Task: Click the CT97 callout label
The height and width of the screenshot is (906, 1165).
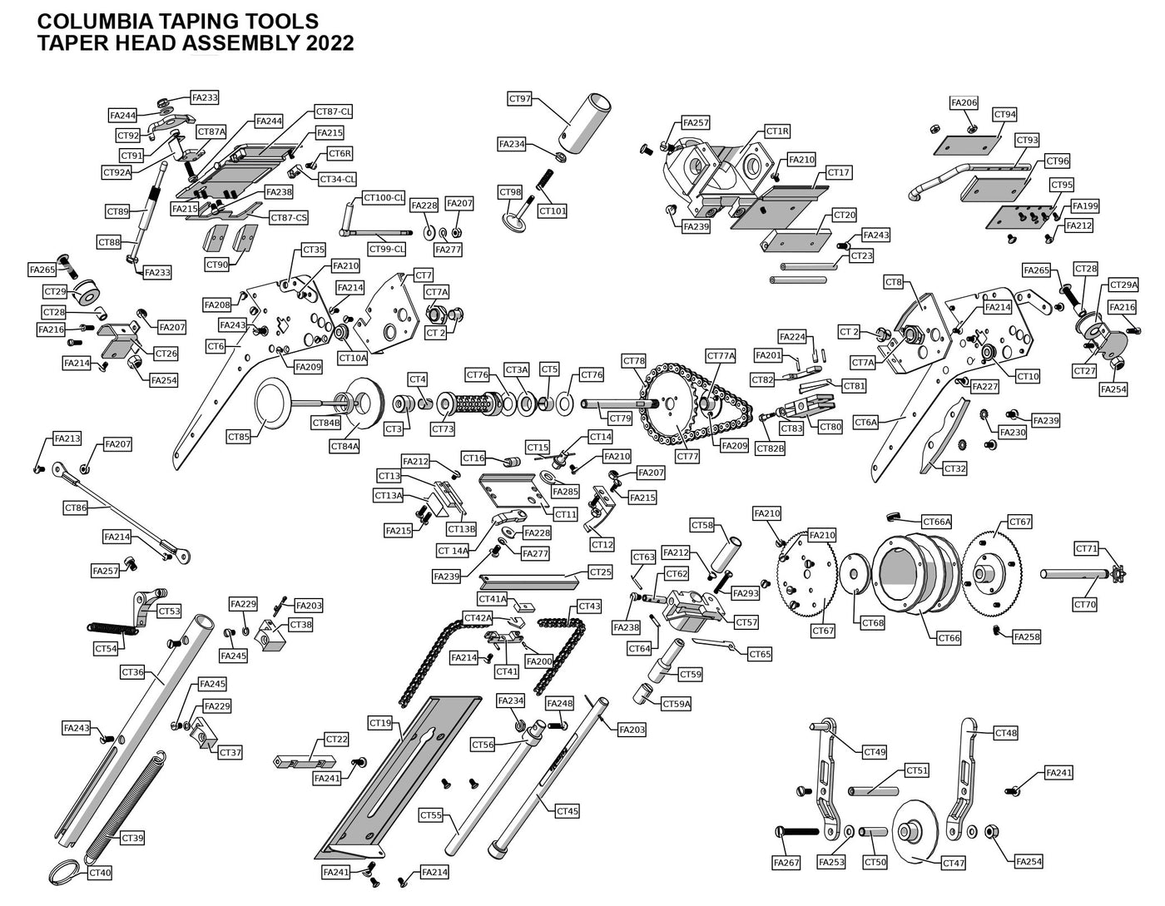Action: [x=519, y=99]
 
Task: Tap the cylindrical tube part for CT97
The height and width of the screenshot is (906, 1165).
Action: [x=587, y=121]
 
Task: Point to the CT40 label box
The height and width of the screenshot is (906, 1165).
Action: [x=100, y=874]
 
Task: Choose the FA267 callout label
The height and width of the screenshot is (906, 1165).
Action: [x=786, y=863]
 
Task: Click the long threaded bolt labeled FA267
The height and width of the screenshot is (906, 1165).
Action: [x=800, y=830]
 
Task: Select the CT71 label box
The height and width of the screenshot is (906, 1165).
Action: [x=1087, y=549]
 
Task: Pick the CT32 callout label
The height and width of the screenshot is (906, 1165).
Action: [x=955, y=469]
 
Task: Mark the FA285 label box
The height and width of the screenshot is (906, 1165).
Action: [x=565, y=492]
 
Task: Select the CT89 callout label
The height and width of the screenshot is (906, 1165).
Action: [x=117, y=212]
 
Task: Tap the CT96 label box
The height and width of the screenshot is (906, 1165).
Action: [x=1058, y=161]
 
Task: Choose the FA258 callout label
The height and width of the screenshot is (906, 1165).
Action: [x=1027, y=637]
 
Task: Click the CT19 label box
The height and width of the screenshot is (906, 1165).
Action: [x=380, y=723]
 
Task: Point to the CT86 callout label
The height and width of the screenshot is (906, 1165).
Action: [x=76, y=507]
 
